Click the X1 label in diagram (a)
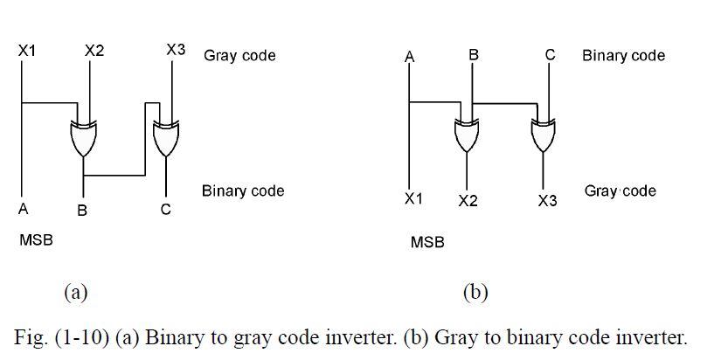click(x=27, y=52)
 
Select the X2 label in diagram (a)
click(x=94, y=52)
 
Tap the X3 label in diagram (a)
click(x=176, y=50)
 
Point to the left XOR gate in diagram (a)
click(x=84, y=138)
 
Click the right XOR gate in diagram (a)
click(x=165, y=138)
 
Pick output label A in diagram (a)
click(x=23, y=209)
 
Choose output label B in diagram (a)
click(x=82, y=211)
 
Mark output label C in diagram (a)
click(x=165, y=210)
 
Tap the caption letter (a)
click(x=75, y=292)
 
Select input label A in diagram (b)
click(x=409, y=58)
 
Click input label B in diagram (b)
click(x=474, y=54)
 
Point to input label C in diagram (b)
click(x=550, y=54)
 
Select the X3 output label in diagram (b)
click(x=547, y=201)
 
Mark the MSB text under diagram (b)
click(x=427, y=242)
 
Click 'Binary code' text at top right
click(x=623, y=56)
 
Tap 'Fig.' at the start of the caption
click(x=31, y=337)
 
